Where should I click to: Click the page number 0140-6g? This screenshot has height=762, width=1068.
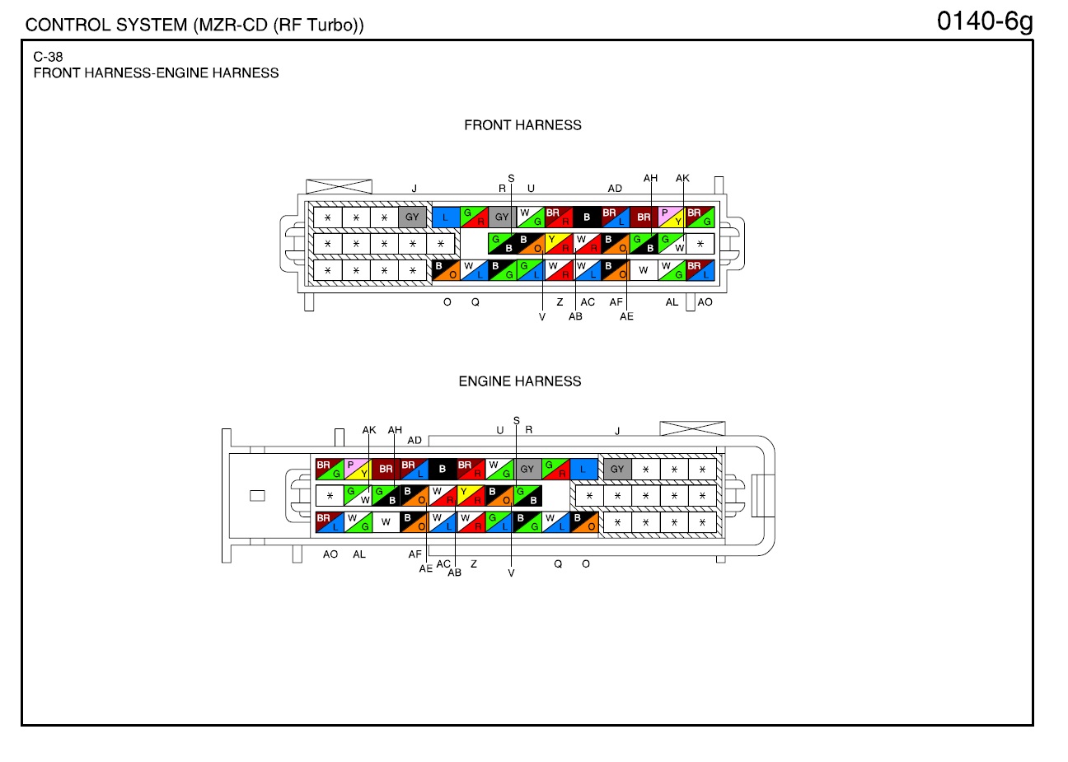pos(985,22)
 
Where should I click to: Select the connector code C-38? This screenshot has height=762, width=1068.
pos(48,57)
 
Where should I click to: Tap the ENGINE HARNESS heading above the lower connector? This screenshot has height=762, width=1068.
pos(520,381)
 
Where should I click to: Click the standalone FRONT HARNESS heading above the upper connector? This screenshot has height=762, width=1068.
pos(522,125)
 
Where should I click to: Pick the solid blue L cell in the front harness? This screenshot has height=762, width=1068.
pos(446,217)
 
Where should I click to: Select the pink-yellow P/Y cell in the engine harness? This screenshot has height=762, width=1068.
pos(358,469)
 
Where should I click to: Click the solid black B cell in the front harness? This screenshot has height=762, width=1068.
pos(587,217)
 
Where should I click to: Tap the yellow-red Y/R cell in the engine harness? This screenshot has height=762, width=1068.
pos(471,496)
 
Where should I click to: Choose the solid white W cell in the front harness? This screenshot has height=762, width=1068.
pos(644,270)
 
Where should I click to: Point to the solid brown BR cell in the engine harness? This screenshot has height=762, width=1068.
pos(386,469)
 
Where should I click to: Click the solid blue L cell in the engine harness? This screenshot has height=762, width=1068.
pos(583,469)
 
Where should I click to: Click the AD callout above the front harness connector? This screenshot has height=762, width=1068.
pos(615,189)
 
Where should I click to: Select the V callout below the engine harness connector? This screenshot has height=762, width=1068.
pos(511,573)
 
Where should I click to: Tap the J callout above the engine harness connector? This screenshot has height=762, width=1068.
pos(617,431)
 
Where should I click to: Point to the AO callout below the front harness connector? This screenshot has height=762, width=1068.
pos(705,302)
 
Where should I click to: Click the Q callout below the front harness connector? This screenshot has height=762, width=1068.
pos(475,302)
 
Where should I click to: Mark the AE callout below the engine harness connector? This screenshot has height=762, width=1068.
pos(426,568)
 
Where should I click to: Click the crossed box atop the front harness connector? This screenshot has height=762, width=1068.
pos(339,186)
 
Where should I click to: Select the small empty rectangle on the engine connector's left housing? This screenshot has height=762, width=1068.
pos(257,496)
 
